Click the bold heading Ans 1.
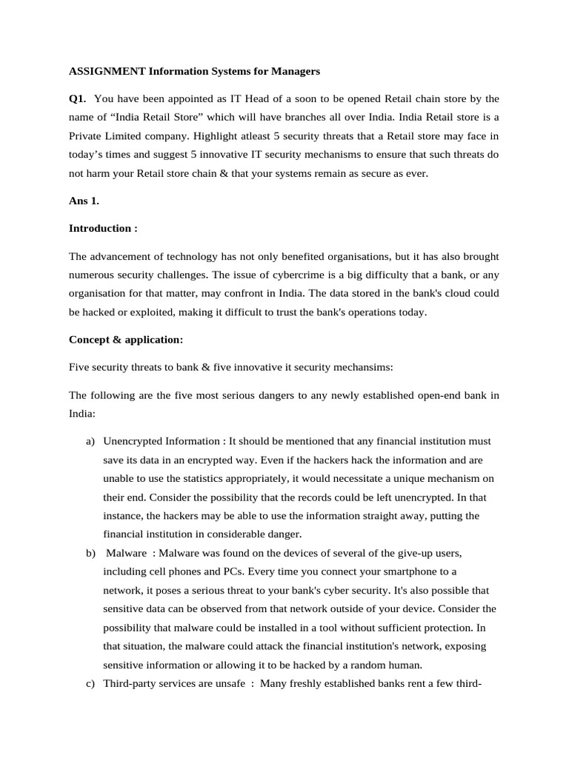84,201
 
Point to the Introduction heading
103,228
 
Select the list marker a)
90,441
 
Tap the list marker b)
90,553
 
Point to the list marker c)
90,683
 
